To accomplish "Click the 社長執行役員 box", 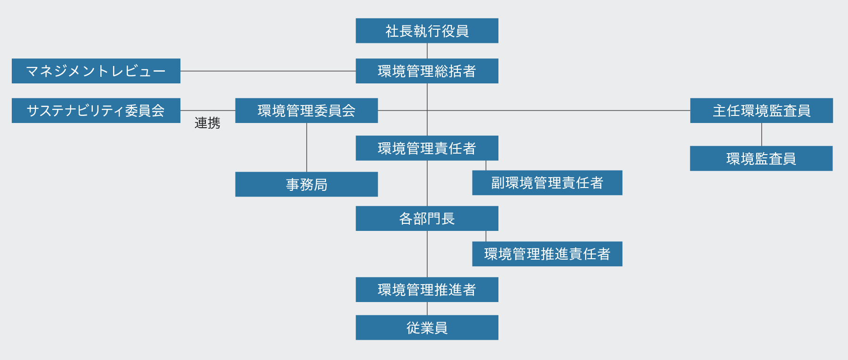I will click(x=427, y=31).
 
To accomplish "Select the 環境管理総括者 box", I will click(x=427, y=71).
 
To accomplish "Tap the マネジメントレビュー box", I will click(x=96, y=71).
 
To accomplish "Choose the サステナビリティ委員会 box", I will click(x=96, y=110).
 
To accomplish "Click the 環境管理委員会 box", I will click(x=306, y=110).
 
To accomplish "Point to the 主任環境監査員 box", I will click(x=761, y=110).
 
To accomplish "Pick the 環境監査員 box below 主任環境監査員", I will click(x=761, y=158).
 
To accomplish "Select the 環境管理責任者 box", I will click(x=427, y=148).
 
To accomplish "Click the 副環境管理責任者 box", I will click(x=547, y=182).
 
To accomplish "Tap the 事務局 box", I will click(x=306, y=184).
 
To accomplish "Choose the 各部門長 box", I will click(x=427, y=218).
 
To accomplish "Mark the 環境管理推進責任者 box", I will click(x=547, y=254).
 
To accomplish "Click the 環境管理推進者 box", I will click(x=427, y=289).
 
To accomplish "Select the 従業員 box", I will click(x=427, y=327).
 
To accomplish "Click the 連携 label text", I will click(x=207, y=123).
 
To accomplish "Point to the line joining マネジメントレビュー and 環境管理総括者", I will click(x=268, y=71).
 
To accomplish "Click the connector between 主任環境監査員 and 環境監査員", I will click(x=762, y=134).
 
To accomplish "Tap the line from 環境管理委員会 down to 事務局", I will click(x=307, y=147).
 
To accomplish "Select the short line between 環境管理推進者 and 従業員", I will click(x=427, y=309).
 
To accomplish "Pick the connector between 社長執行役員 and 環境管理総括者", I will click(x=427, y=51).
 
